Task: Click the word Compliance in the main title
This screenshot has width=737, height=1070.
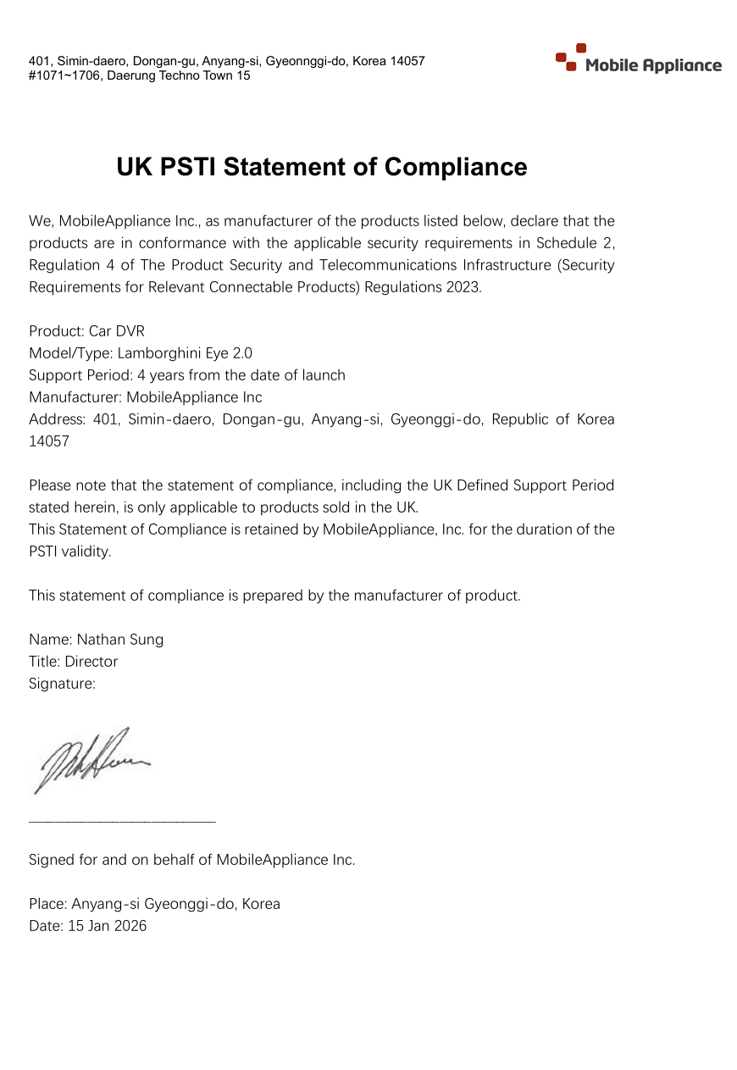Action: pos(455,167)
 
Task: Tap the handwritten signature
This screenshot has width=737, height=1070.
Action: pos(90,757)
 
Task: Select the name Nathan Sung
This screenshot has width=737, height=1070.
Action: pos(120,640)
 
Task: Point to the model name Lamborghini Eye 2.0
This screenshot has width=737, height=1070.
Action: pos(185,353)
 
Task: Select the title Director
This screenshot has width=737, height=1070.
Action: pos(91,662)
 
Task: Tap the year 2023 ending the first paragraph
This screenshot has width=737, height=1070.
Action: pos(463,287)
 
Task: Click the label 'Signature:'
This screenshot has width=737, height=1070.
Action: pos(62,684)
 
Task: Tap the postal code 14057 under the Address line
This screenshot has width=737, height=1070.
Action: pos(49,441)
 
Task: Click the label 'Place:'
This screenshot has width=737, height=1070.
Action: pos(47,904)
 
